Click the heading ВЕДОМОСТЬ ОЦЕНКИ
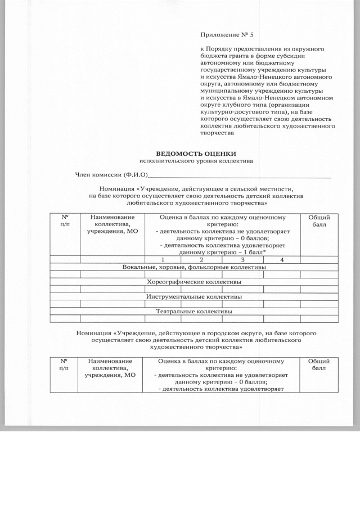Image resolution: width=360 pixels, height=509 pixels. (x=196, y=154)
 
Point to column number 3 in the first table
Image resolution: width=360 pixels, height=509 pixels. (x=242, y=260)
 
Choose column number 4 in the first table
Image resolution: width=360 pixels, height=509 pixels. (x=282, y=260)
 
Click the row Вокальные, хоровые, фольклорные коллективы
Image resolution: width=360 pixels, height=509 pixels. (x=194, y=267)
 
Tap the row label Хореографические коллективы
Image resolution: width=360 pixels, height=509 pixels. (x=194, y=282)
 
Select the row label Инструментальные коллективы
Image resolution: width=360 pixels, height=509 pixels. (x=194, y=296)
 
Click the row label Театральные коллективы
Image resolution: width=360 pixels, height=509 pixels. (x=194, y=311)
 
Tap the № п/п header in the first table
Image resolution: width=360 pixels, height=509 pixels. (x=64, y=221)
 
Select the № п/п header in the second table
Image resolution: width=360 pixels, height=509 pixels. (x=64, y=364)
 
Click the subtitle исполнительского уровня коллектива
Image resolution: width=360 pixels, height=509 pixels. (x=196, y=161)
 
